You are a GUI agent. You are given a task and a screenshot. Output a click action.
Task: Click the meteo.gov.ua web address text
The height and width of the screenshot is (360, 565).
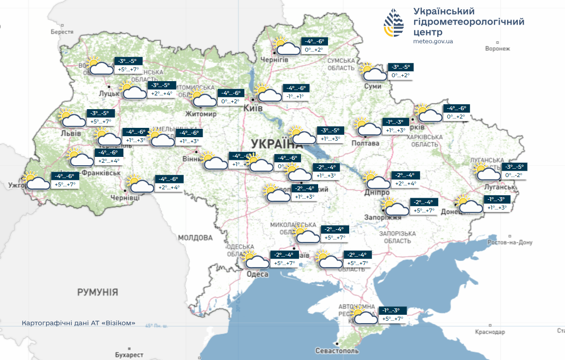433,41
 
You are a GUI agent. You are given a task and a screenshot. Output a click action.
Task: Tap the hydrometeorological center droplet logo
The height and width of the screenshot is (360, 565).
395,23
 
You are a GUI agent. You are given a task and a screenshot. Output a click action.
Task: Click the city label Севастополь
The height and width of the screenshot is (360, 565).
337,351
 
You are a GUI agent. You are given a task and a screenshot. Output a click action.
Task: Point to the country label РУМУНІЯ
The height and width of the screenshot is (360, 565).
97,292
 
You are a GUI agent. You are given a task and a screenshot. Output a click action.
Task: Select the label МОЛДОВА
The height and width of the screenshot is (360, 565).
195,238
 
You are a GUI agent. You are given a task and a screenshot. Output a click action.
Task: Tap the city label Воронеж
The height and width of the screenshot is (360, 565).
497,49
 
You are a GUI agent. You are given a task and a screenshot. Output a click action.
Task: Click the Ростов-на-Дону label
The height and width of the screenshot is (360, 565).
510,242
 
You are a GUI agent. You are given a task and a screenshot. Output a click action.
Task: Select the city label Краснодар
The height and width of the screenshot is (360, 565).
490,332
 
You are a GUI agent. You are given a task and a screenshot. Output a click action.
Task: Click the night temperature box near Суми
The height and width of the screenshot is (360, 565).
400,67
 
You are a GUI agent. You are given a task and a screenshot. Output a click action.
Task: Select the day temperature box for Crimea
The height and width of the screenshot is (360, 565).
393,319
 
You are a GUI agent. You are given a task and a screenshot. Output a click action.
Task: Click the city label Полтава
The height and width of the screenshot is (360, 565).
365,143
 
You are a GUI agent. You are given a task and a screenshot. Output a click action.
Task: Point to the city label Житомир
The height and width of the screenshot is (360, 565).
201,114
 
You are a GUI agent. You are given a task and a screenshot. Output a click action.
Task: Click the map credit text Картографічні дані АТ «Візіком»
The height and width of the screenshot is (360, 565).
78,323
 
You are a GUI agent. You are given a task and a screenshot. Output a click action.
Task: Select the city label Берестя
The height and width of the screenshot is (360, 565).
61,32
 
